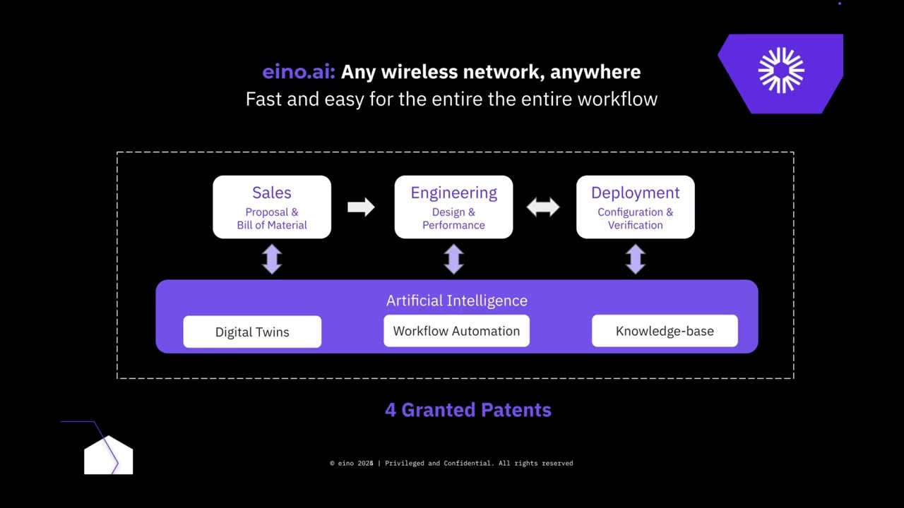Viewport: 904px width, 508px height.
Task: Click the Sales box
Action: tap(272, 207)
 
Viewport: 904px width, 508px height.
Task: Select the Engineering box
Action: tap(453, 207)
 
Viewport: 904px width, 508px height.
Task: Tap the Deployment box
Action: tap(635, 207)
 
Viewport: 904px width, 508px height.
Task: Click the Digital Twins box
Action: tap(252, 332)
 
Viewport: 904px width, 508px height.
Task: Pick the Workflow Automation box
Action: tap(456, 331)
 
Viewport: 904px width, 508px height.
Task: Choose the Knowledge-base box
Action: tap(665, 331)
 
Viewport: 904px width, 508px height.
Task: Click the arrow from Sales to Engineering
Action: tap(361, 207)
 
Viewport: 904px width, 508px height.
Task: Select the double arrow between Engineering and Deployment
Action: tap(543, 207)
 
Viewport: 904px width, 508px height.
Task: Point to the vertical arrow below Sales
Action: tap(272, 259)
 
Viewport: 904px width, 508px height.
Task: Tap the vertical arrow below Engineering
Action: tap(453, 259)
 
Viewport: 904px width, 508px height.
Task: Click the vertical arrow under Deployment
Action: tap(635, 259)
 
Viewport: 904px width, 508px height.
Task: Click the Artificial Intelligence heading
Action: tap(456, 301)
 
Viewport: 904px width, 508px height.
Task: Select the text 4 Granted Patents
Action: tap(468, 410)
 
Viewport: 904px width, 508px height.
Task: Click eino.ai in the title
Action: tap(298, 72)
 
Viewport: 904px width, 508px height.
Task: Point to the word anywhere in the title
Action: tap(595, 72)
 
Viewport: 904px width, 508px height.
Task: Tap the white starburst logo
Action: tap(781, 71)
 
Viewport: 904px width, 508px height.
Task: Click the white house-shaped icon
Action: tap(108, 456)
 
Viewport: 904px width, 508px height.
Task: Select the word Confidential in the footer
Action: tap(467, 464)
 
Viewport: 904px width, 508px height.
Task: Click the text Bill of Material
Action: tap(272, 225)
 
